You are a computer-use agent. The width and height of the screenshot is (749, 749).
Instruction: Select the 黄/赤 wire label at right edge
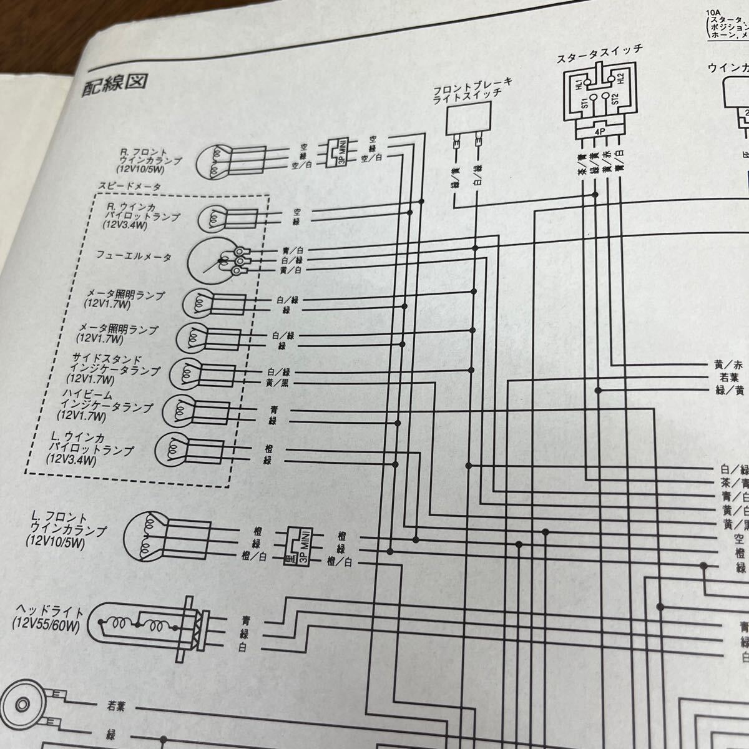pyautogui.click(x=728, y=365)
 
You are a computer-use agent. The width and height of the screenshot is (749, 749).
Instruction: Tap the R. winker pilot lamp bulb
pyautogui.click(x=213, y=218)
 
